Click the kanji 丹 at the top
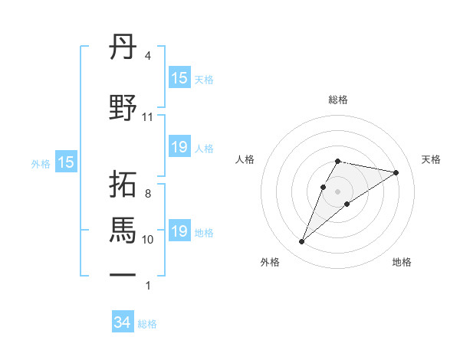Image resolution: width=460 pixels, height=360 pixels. point(123,49)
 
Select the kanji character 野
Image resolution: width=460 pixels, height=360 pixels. point(123,108)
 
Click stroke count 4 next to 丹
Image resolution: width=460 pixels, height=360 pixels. point(147,56)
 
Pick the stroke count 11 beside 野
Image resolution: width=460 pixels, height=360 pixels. point(147,117)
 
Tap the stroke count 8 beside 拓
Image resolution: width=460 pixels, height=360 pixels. point(147,194)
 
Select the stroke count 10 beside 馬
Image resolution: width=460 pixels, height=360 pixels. point(147,240)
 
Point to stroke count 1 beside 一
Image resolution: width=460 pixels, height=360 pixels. point(147,286)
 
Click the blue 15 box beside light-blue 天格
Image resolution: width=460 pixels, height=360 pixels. point(179,78)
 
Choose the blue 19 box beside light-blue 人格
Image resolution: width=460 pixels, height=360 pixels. point(179,147)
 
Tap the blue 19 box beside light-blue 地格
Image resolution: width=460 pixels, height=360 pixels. point(179,231)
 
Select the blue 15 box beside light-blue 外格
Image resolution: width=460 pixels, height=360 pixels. point(65,162)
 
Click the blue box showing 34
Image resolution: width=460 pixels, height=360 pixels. point(122,323)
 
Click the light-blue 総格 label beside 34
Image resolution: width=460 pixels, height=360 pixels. point(147,324)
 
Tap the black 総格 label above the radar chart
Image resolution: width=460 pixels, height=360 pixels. point(337,100)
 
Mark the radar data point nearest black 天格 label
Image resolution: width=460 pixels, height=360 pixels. point(396,172)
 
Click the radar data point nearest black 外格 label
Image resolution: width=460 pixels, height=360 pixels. point(301,242)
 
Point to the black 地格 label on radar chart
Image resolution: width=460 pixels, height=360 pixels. point(402,263)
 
